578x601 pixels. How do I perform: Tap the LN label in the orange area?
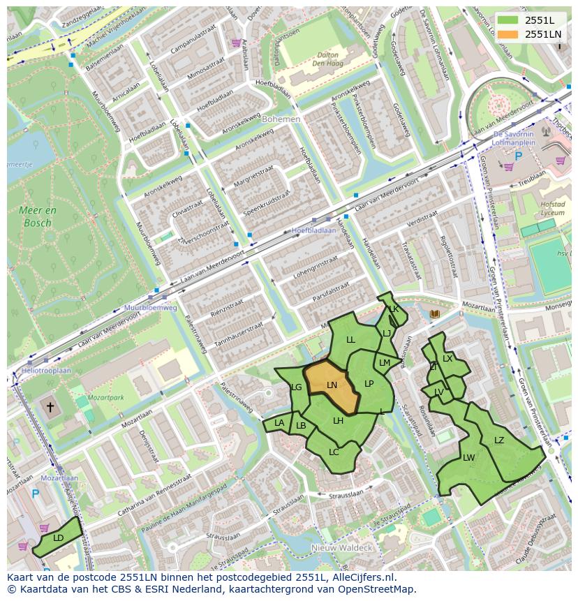(332, 385)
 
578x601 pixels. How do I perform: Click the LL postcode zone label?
(350, 340)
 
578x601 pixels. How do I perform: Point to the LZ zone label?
(498, 440)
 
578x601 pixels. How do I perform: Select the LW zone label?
(468, 458)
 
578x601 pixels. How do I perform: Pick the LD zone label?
(58, 537)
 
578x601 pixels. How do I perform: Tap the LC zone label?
(334, 452)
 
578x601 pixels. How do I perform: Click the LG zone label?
(297, 387)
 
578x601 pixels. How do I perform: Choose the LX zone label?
(447, 359)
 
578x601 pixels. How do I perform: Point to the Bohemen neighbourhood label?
(281, 119)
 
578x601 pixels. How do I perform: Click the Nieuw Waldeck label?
(342, 548)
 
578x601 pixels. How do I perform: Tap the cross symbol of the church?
(50, 406)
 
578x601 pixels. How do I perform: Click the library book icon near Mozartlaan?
(435, 315)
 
